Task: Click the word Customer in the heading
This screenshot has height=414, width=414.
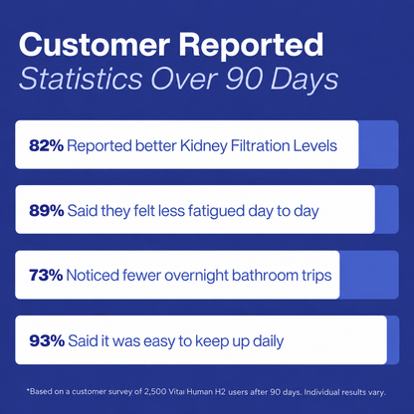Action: coord(95,45)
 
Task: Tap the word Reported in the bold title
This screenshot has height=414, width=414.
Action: coord(251,46)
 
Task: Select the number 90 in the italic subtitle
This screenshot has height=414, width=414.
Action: coord(245,80)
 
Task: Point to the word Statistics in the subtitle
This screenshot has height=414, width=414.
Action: coord(81,79)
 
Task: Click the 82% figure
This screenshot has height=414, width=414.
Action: coord(46,145)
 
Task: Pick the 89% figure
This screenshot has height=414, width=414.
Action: coord(47,211)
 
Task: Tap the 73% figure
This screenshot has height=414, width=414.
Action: coord(46,276)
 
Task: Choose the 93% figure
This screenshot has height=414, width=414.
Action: coord(47,340)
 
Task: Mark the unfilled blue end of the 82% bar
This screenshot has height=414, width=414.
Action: coord(378,144)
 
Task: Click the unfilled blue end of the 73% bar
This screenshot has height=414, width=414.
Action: coord(369,275)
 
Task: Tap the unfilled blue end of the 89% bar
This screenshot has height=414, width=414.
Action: coord(387,210)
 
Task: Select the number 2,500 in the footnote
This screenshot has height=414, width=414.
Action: coord(155,392)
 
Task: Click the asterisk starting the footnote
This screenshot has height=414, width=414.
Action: coord(28,390)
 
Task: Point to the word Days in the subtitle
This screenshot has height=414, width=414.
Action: coord(305,80)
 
